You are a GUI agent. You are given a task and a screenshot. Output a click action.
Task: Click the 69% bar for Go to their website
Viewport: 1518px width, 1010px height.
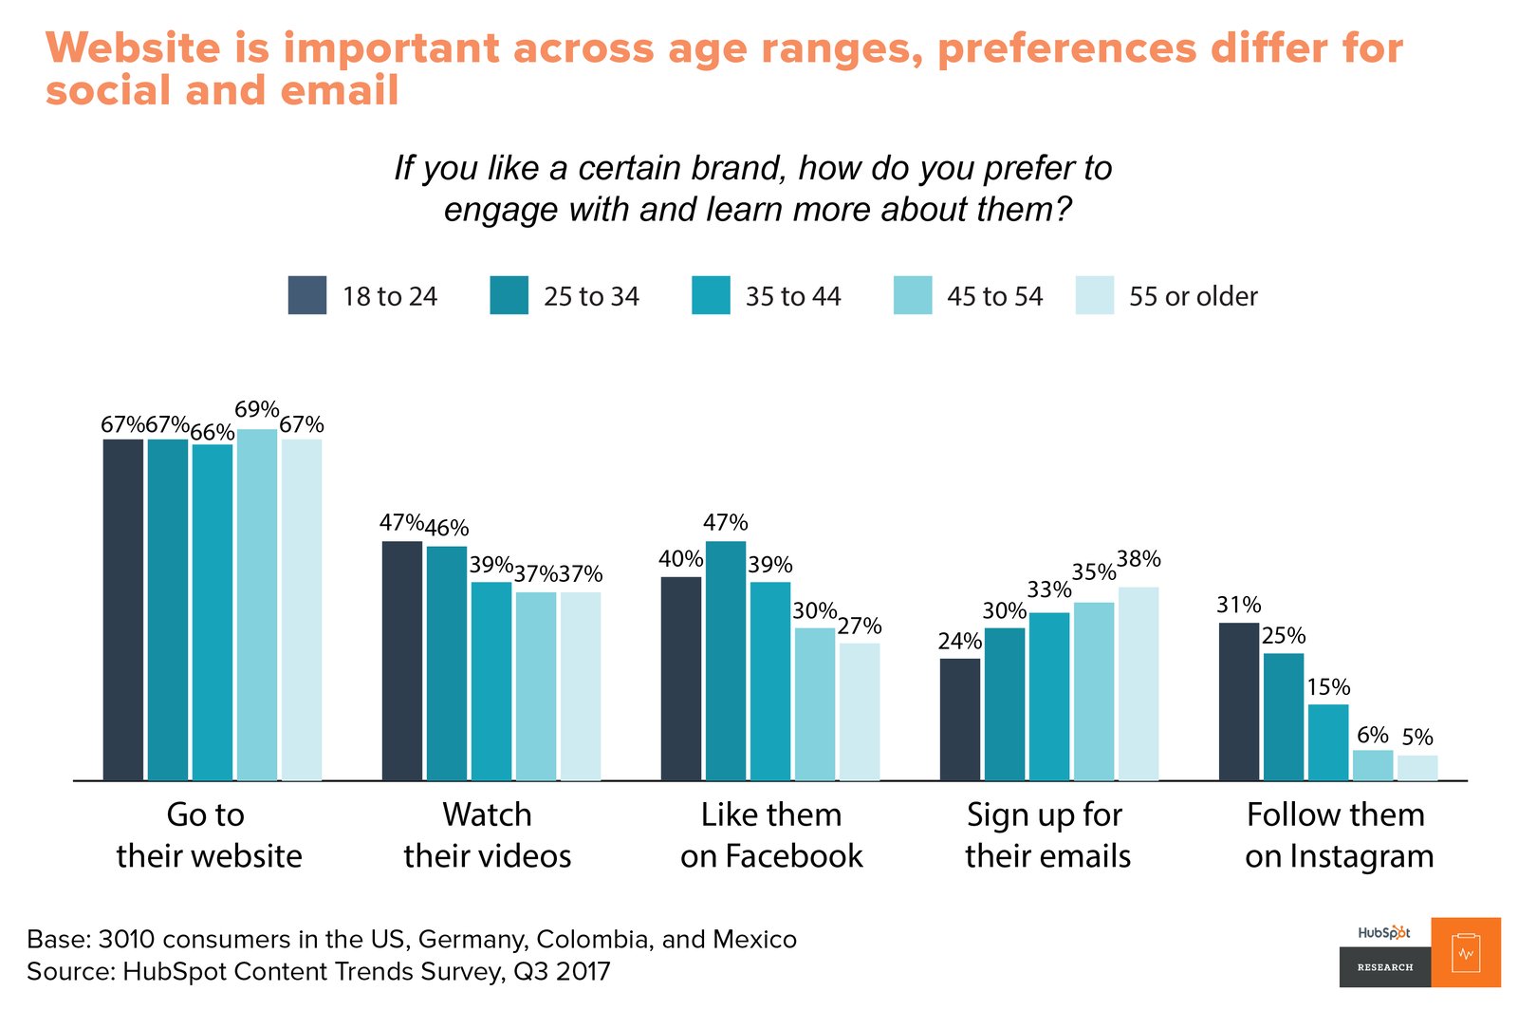257,605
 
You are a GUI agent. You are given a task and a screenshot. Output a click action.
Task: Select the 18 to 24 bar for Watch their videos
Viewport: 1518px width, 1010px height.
401,661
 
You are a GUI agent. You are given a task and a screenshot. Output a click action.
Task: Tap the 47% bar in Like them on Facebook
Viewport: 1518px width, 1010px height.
726,661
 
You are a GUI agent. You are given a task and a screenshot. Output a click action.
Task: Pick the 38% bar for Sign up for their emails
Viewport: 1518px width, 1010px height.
1138,683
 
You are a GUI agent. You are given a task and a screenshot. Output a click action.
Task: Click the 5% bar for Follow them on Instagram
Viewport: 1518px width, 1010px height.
1417,768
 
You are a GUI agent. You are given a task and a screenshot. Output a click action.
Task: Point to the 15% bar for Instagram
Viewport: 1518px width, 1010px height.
1328,742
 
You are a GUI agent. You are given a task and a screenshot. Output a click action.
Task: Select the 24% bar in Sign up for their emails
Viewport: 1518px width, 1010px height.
960,719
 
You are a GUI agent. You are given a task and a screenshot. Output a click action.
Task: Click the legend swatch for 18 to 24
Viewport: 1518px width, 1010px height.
307,295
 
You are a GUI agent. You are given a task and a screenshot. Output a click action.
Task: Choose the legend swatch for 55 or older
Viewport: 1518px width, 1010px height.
1095,295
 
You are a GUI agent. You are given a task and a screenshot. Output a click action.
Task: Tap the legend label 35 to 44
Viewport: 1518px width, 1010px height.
793,297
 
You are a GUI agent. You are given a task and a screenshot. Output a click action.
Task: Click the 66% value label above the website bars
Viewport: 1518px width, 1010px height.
213,433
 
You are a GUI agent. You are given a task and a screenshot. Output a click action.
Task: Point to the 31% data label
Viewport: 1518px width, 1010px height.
1239,606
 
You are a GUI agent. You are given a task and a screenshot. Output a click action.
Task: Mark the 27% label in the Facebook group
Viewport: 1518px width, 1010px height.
860,627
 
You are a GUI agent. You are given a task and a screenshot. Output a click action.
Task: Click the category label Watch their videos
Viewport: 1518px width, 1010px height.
488,835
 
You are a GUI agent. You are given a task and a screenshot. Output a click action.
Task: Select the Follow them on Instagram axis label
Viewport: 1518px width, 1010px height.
1338,835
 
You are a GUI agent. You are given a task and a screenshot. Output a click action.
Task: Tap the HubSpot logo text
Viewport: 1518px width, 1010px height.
1384,933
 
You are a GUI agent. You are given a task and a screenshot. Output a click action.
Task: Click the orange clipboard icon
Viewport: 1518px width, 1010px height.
1466,952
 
